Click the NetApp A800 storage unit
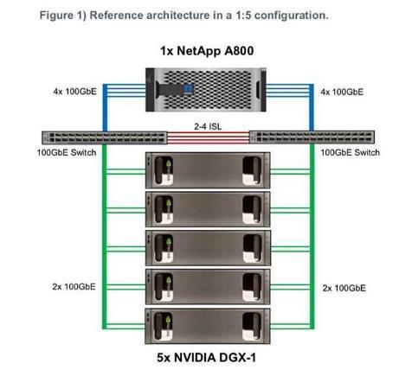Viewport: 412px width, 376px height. coord(206,90)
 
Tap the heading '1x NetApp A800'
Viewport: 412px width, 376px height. coord(207,51)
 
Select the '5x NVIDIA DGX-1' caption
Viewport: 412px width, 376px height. coord(207,358)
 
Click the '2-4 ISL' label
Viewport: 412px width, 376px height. coord(208,126)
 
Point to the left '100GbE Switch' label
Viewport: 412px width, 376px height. coord(67,152)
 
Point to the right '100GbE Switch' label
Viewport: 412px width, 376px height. coord(351,152)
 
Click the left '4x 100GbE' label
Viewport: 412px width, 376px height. coord(75,92)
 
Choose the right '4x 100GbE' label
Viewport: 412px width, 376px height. coord(342,92)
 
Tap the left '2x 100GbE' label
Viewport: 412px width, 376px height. coord(74,287)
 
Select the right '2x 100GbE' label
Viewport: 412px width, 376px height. coord(344,288)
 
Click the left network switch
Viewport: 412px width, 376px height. coord(105,137)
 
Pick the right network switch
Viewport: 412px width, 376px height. coord(312,137)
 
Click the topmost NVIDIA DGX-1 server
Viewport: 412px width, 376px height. coord(208,170)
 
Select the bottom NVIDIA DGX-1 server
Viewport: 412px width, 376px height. coord(208,326)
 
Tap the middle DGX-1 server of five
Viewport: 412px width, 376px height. coord(208,248)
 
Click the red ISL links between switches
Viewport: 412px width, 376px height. coord(208,137)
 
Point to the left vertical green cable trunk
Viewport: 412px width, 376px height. coord(105,236)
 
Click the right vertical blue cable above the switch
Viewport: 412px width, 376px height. coord(312,107)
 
